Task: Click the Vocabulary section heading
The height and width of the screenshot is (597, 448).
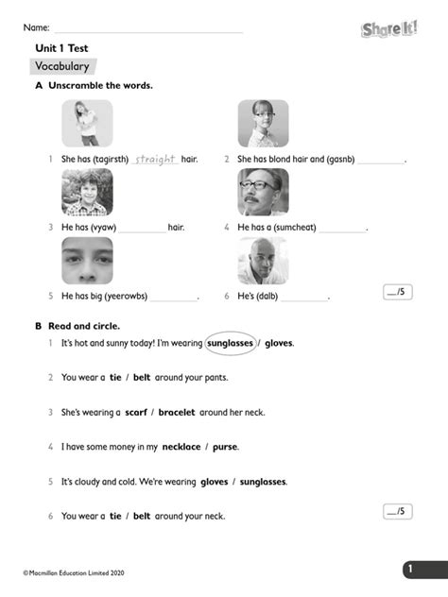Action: coord(62,66)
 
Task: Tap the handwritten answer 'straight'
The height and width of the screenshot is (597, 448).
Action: coord(156,159)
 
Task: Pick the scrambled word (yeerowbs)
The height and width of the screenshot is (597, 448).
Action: coord(125,296)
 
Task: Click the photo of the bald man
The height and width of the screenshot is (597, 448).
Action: coord(263,260)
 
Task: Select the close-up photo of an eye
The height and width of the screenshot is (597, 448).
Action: coord(87,260)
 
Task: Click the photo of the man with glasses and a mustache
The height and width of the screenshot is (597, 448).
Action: coord(263,193)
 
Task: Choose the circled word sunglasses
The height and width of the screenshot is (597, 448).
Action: coord(230,343)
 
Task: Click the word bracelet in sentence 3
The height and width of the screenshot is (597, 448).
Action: coord(177,412)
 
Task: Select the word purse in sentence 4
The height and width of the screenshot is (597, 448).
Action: coord(225,446)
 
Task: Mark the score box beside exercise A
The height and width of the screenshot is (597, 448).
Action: coord(398,292)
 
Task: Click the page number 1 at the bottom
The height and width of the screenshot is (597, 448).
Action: coord(410,569)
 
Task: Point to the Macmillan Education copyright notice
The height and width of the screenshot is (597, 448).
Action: coord(73,572)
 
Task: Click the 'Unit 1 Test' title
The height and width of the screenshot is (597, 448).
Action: coord(61,47)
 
